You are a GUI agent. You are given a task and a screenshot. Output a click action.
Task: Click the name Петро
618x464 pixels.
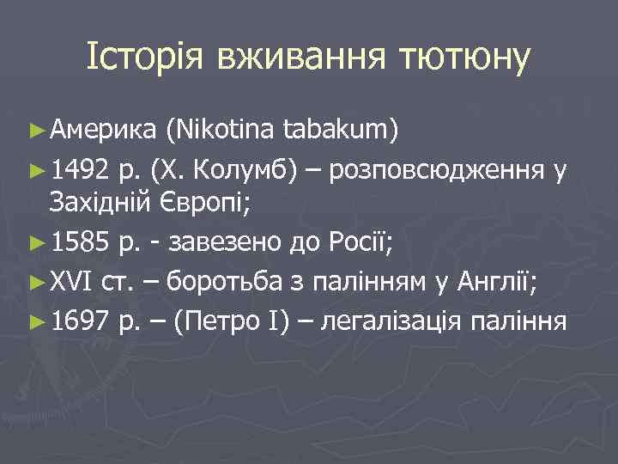click(x=217, y=321)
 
